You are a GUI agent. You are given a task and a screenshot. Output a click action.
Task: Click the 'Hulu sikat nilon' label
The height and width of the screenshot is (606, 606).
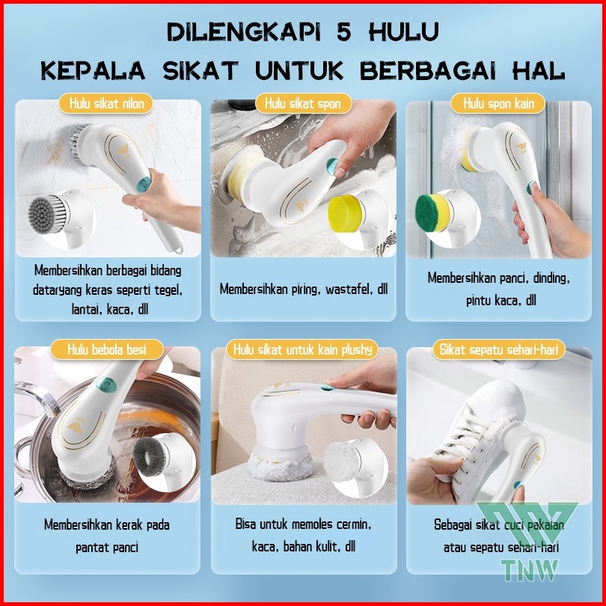point(106,103)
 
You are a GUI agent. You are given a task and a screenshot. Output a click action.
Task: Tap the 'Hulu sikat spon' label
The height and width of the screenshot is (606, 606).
point(304,103)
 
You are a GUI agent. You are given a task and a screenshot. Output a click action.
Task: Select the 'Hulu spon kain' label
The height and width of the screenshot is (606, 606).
point(498,103)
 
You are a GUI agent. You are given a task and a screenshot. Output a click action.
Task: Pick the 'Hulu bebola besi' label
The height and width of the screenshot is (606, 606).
point(107,349)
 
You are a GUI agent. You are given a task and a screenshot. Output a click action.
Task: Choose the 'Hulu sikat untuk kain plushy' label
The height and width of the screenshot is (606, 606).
point(302,349)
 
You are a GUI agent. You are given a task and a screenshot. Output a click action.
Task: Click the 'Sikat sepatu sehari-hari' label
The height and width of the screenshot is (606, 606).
point(498,349)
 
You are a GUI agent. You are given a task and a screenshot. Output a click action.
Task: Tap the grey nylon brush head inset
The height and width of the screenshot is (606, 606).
point(49,215)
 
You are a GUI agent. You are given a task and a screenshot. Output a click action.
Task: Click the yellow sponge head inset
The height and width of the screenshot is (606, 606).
point(346,214)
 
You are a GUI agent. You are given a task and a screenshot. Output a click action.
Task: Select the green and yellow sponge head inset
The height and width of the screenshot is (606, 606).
point(433,212)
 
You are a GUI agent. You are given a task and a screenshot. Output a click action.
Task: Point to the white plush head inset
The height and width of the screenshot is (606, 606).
point(342,462)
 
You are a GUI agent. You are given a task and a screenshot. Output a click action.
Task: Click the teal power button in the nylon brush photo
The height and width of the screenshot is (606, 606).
point(144,185)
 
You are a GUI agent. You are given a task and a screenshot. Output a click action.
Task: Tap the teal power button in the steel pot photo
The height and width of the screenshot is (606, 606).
point(106,385)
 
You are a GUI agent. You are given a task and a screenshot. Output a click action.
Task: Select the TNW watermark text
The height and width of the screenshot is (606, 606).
point(530,570)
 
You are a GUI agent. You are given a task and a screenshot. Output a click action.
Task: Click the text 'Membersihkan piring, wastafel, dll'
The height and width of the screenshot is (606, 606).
point(304,289)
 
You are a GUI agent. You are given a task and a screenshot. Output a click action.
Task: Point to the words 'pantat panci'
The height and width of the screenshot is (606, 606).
point(107,547)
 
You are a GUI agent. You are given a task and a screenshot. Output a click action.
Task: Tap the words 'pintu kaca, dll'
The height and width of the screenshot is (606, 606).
point(501,300)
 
